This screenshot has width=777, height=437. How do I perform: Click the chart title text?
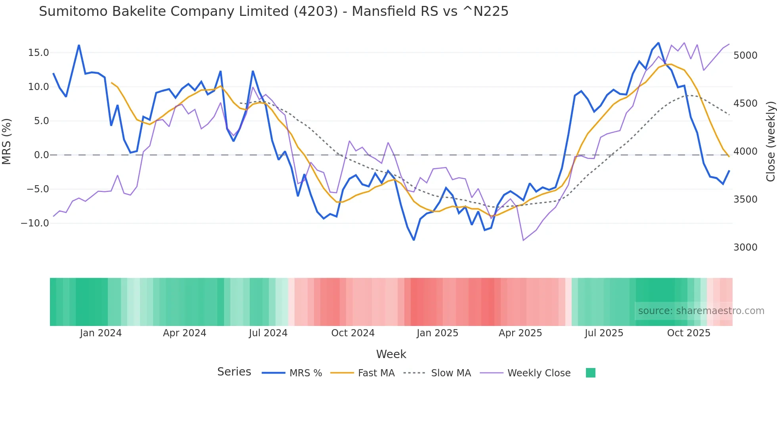tap(274, 11)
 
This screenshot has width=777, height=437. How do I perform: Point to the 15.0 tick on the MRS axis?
tap(38, 53)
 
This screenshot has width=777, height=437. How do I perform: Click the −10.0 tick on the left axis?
tap(35, 223)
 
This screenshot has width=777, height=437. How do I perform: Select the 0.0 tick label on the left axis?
tap(41, 155)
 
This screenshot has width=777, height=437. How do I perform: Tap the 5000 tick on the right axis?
tap(745, 56)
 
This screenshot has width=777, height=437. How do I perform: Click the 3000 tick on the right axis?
tap(745, 247)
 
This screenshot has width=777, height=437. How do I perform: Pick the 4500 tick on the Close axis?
tap(745, 103)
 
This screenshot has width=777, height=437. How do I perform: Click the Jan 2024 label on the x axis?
tap(101, 333)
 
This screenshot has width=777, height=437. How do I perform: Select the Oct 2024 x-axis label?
tap(353, 333)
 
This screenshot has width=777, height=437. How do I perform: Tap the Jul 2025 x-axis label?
tap(604, 333)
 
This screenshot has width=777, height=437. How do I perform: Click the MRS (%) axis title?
tap(7, 142)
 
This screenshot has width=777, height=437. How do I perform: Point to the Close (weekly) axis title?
tap(770, 142)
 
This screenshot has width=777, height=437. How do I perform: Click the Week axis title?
tap(391, 354)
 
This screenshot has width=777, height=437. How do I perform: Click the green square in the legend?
tap(590, 373)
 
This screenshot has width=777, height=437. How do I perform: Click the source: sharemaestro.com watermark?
tap(701, 311)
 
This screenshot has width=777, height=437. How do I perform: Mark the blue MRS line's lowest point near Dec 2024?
tap(414, 240)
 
